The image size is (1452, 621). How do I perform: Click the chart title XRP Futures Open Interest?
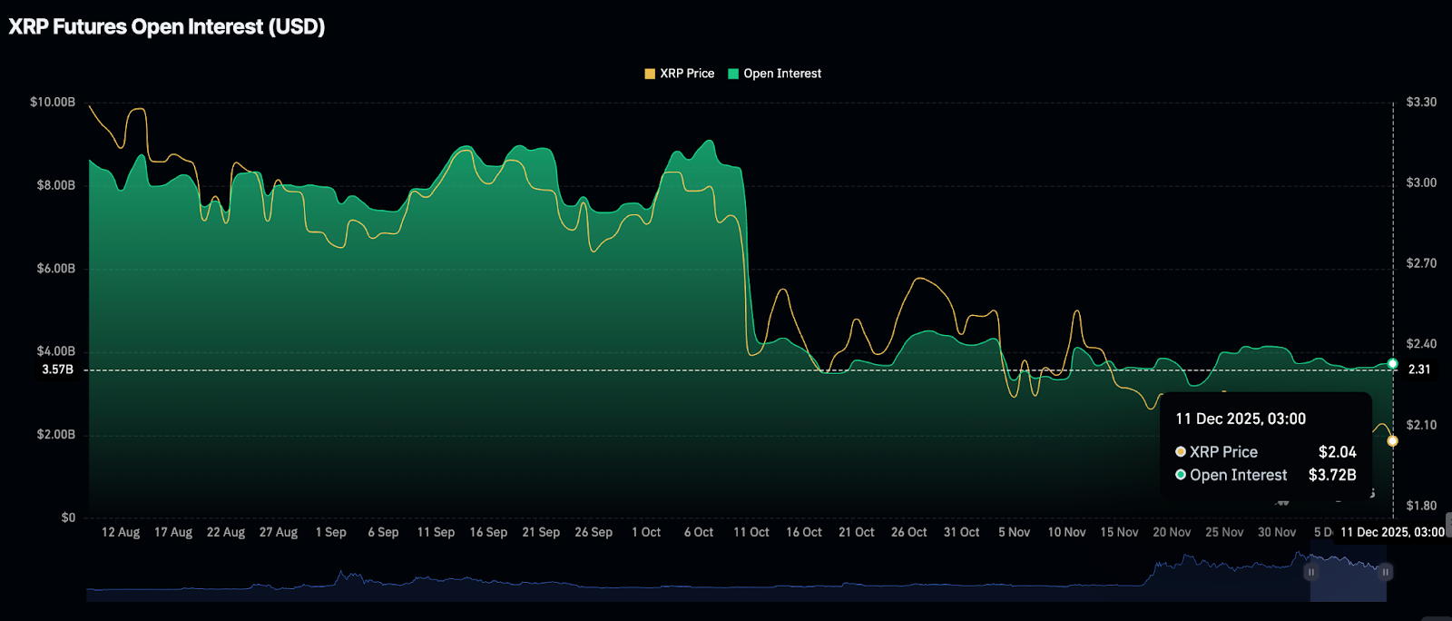[x=167, y=26]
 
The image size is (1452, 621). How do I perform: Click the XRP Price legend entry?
[x=680, y=74]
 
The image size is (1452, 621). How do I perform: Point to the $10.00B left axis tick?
[x=53, y=102]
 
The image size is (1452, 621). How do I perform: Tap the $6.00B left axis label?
[x=55, y=269]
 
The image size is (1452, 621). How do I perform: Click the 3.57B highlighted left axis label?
[x=57, y=370]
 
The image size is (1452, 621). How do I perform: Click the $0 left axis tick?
[x=68, y=517]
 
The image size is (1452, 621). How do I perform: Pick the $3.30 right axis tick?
[x=1421, y=102]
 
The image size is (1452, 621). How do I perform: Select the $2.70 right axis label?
[x=1421, y=263]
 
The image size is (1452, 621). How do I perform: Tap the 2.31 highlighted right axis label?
[x=1419, y=370]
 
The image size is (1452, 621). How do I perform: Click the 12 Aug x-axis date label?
[x=121, y=532]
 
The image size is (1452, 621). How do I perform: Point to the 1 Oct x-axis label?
[x=646, y=532]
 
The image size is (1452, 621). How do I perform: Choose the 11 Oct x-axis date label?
[x=751, y=532]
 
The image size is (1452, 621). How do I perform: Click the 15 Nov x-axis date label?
[x=1119, y=532]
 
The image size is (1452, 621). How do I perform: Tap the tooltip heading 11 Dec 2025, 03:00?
[x=1241, y=419]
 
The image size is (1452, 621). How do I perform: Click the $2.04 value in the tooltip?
[x=1337, y=452]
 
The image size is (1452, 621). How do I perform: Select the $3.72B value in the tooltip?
[x=1332, y=475]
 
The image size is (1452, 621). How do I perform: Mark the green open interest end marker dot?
[x=1393, y=364]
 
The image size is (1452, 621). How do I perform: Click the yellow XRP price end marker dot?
[x=1393, y=441]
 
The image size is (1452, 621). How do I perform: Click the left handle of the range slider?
[x=1310, y=572]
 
